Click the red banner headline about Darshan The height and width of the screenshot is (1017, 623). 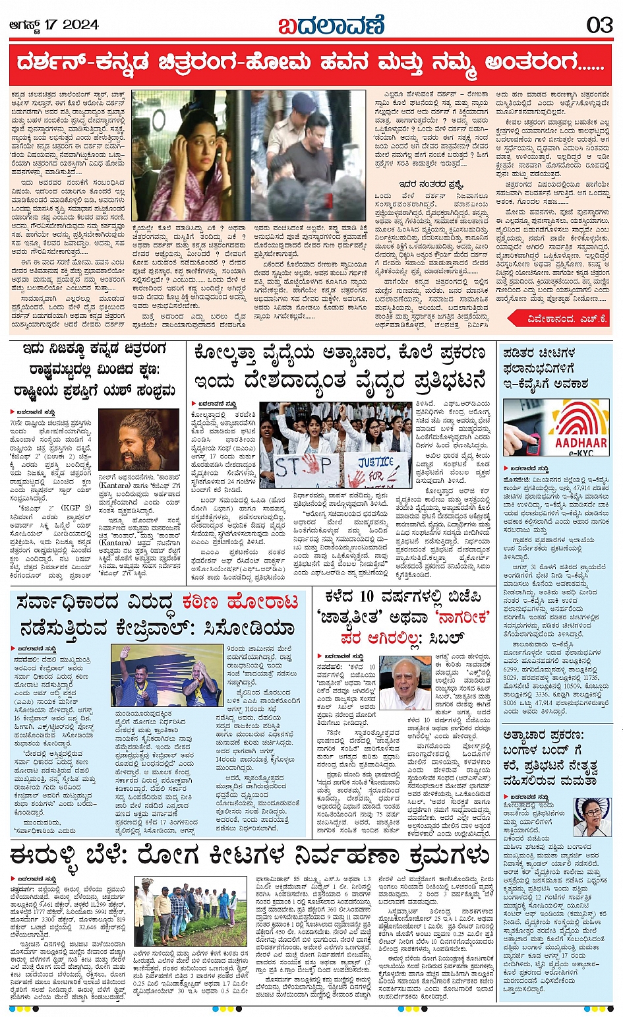[311, 63]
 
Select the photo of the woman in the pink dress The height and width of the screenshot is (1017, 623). [182, 164]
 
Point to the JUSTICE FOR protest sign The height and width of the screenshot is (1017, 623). [376, 469]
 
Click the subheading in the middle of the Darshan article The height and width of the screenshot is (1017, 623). [431, 184]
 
